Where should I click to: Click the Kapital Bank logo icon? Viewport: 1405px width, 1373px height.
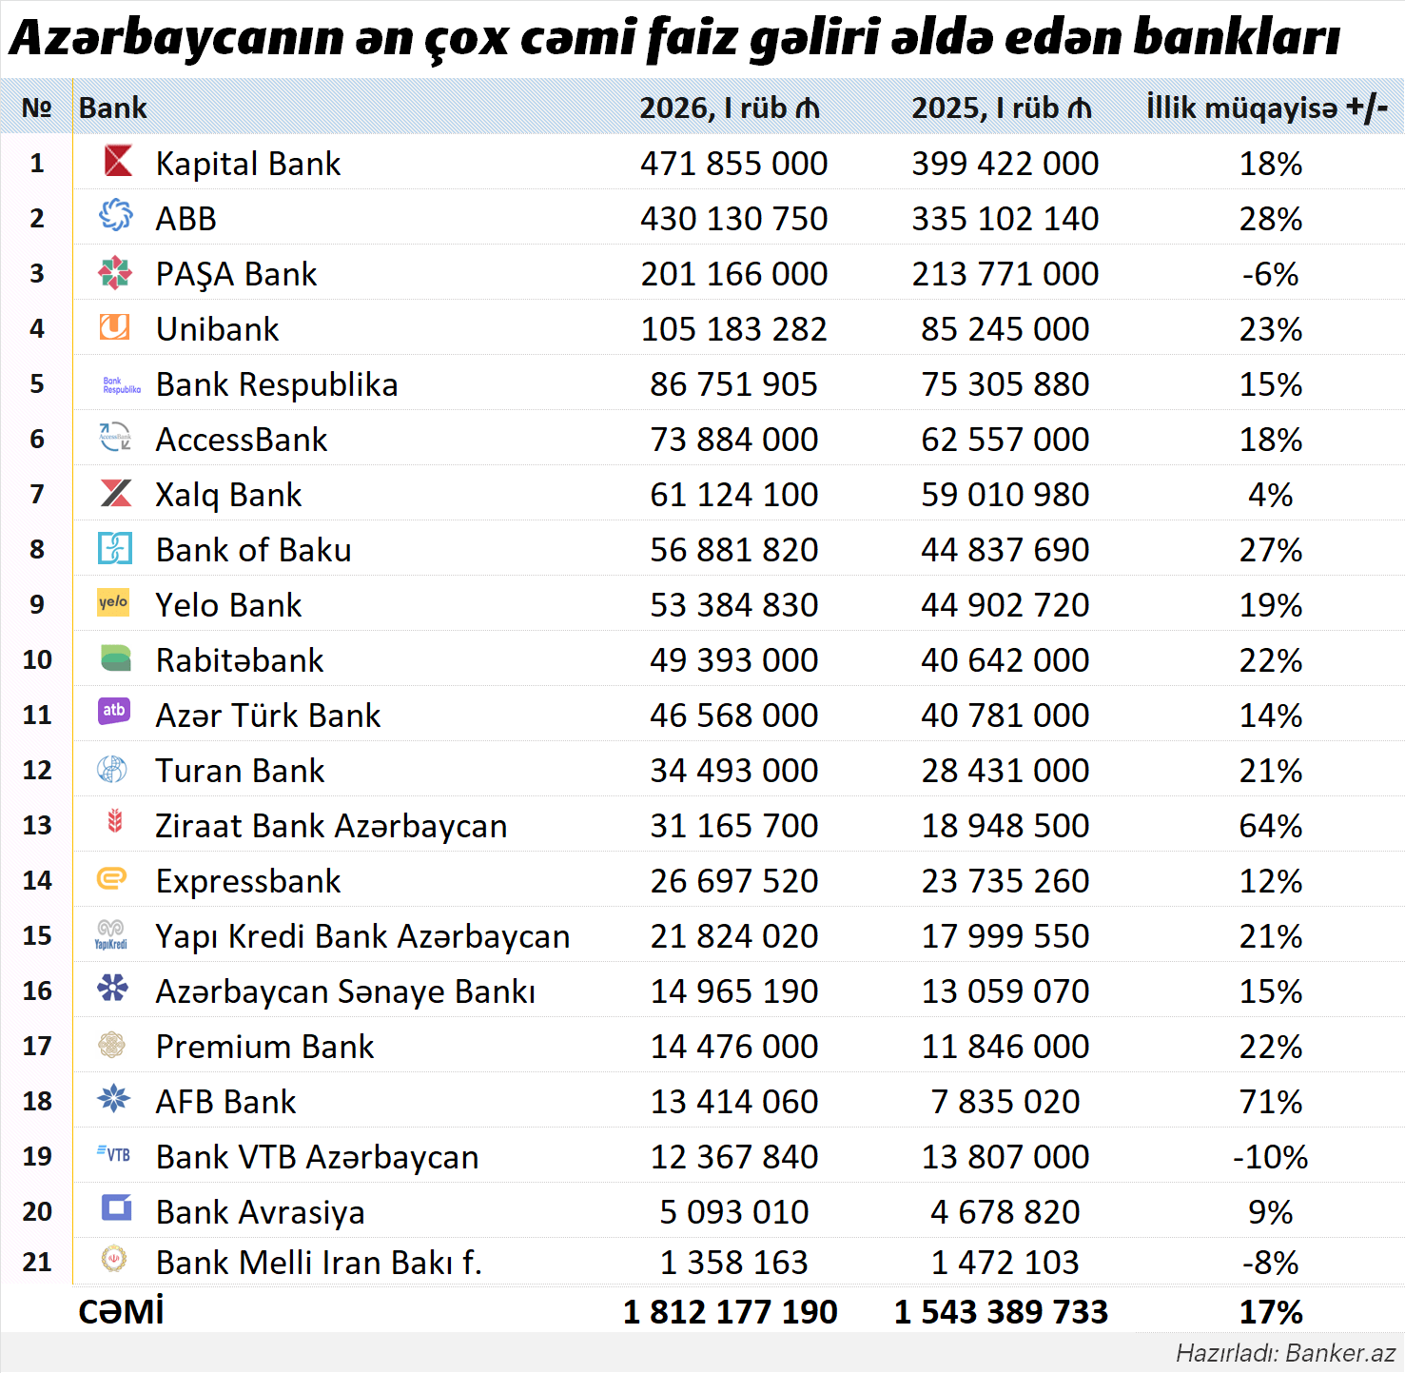pyautogui.click(x=118, y=161)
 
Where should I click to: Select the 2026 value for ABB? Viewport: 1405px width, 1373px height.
pyautogui.click(x=733, y=219)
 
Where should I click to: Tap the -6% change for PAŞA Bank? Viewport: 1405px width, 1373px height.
pyautogui.click(x=1270, y=274)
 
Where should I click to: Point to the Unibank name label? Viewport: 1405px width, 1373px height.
pyautogui.click(x=217, y=329)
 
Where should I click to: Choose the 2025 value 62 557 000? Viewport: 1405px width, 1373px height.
pyautogui.click(x=1005, y=440)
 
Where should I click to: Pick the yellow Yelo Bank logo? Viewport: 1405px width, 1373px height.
pyautogui.click(x=113, y=602)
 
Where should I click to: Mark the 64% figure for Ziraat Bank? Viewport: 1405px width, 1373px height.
pyautogui.click(x=1270, y=826)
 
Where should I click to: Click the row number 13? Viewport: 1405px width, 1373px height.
pyautogui.click(x=37, y=826)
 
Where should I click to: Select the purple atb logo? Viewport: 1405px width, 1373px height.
pyautogui.click(x=114, y=711)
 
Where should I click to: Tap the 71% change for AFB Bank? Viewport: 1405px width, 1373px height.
pyautogui.click(x=1270, y=1102)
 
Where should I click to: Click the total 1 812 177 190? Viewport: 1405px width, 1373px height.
pyautogui.click(x=730, y=1312)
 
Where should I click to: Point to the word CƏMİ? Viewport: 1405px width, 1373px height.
pyautogui.click(x=121, y=1312)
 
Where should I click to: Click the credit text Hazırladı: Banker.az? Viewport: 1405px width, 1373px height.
pyautogui.click(x=1285, y=1353)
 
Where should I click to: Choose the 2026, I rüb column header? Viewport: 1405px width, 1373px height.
pyautogui.click(x=729, y=108)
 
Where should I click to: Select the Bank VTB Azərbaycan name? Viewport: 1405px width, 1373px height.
pyautogui.click(x=317, y=1157)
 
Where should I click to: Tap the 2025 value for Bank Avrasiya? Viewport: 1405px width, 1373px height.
pyautogui.click(x=1005, y=1212)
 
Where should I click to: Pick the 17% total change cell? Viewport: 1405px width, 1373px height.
pyautogui.click(x=1270, y=1312)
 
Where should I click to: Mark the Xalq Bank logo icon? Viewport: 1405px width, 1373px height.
pyautogui.click(x=116, y=493)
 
